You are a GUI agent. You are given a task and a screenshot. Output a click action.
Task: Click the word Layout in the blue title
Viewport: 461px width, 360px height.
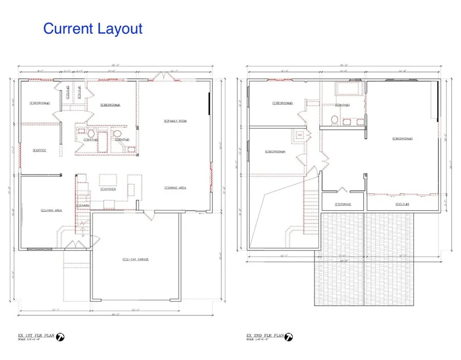pyautogui.click(x=118, y=28)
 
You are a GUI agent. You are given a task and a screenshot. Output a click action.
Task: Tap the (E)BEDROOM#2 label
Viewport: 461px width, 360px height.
pyautogui.click(x=40, y=103)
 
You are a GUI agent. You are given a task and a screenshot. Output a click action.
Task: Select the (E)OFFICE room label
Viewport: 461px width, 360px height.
pyautogui.click(x=40, y=150)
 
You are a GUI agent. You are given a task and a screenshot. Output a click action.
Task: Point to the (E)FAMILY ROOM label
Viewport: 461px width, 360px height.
pyautogui.click(x=175, y=121)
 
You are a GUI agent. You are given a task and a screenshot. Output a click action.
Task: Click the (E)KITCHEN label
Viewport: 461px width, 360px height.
pyautogui.click(x=108, y=189)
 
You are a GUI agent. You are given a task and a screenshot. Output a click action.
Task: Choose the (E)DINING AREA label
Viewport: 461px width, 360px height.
pyautogui.click(x=175, y=187)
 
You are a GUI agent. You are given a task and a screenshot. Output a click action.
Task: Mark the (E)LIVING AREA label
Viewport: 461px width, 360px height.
pyautogui.click(x=51, y=210)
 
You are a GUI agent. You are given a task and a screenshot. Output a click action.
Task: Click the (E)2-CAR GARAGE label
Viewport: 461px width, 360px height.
pyautogui.click(x=136, y=259)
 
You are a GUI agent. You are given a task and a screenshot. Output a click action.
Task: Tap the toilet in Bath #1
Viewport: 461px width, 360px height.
pyautogui.click(x=117, y=133)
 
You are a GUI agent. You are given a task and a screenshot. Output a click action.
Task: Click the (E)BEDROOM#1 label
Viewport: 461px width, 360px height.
pyautogui.click(x=110, y=105)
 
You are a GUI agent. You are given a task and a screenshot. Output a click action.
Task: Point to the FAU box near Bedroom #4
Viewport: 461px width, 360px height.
pyautogui.click(x=300, y=135)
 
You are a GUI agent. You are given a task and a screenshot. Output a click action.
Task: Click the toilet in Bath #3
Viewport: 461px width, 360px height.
pyautogui.click(x=334, y=120)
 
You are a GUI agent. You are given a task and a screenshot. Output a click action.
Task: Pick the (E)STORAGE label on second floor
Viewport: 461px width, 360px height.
pyautogui.click(x=343, y=205)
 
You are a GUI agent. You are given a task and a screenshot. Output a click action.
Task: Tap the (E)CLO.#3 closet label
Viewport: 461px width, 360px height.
pyautogui.click(x=402, y=205)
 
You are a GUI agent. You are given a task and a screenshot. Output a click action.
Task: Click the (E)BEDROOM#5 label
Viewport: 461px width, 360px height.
pyautogui.click(x=282, y=103)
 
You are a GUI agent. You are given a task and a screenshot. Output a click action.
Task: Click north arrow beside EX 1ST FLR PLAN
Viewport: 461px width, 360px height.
pyautogui.click(x=61, y=337)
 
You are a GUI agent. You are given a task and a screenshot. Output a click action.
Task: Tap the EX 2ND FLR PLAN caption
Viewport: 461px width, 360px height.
pyautogui.click(x=265, y=336)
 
